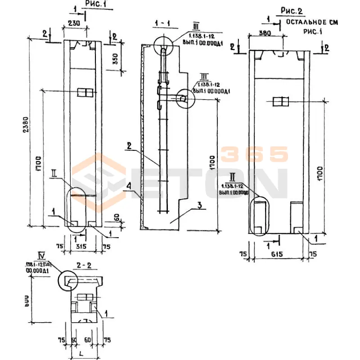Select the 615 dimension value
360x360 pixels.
pos(277,254)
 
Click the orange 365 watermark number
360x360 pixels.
pos(255,154)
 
